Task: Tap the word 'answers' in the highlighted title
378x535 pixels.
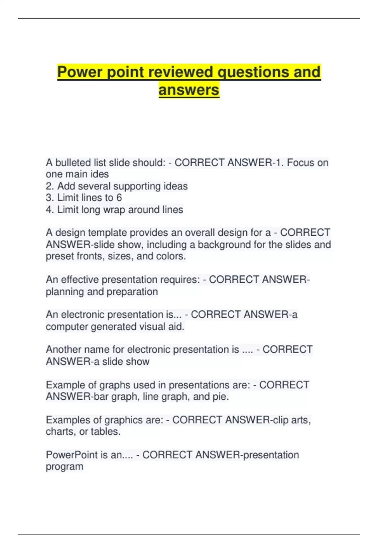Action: [x=189, y=90]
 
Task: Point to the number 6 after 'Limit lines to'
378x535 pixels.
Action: [x=119, y=198]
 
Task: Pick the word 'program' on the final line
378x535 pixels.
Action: [x=64, y=467]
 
